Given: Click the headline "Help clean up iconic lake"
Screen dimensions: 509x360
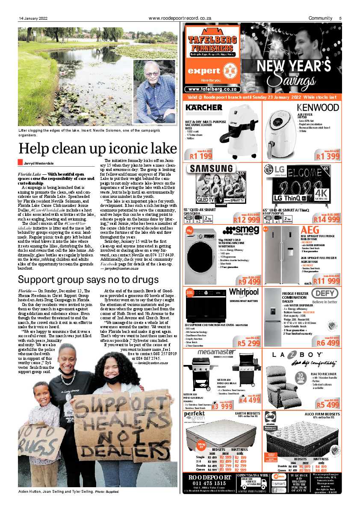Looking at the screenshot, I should point(97,148).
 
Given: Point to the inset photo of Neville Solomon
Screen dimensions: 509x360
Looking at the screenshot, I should point(154,91).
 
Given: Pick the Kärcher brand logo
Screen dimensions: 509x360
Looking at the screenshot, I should point(204,107).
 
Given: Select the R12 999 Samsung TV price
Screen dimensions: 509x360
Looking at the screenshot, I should point(246,220).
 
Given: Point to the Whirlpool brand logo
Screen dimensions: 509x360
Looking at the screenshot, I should point(244,292).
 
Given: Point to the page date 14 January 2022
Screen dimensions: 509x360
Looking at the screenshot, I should point(33,18).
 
